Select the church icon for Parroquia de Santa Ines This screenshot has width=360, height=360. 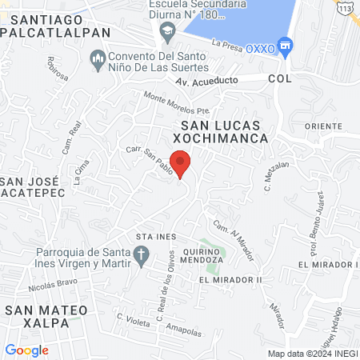point(142,256)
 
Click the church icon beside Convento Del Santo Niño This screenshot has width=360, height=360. point(98,59)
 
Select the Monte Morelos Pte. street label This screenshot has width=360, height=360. point(176,105)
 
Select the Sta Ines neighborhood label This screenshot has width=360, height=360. point(154,237)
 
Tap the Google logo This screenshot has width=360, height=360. point(26,350)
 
